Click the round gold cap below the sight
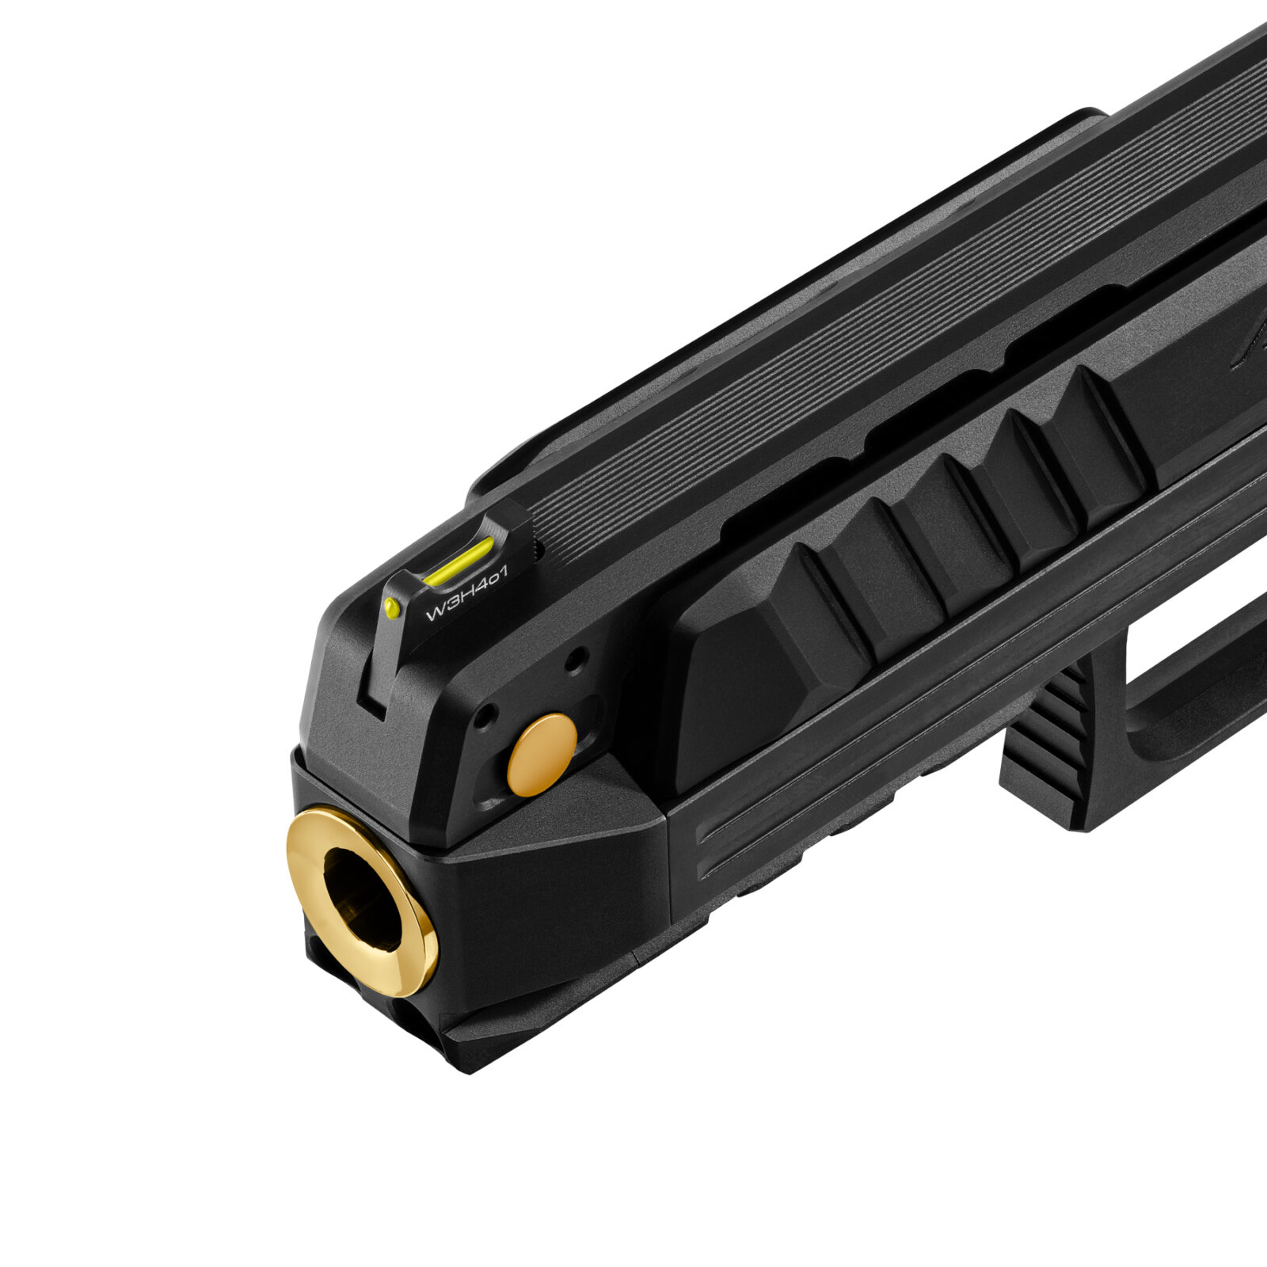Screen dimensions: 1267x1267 click(542, 755)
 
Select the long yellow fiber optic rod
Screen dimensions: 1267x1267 click(458, 560)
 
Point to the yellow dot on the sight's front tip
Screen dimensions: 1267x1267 click(391, 607)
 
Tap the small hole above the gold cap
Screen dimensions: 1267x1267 click(577, 656)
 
